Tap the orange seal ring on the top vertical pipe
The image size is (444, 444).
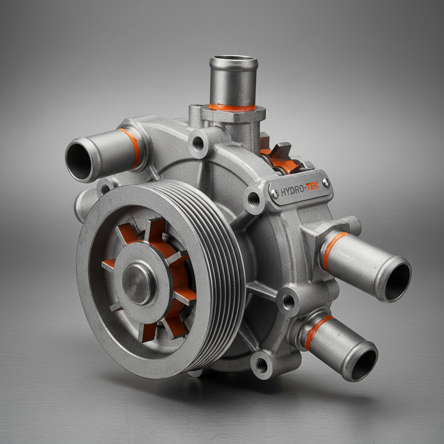click(x=232, y=107)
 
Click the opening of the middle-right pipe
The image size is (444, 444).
click(x=397, y=282)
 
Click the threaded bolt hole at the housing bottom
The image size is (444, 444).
click(x=262, y=365)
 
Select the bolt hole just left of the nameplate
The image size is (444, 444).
click(x=254, y=199)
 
